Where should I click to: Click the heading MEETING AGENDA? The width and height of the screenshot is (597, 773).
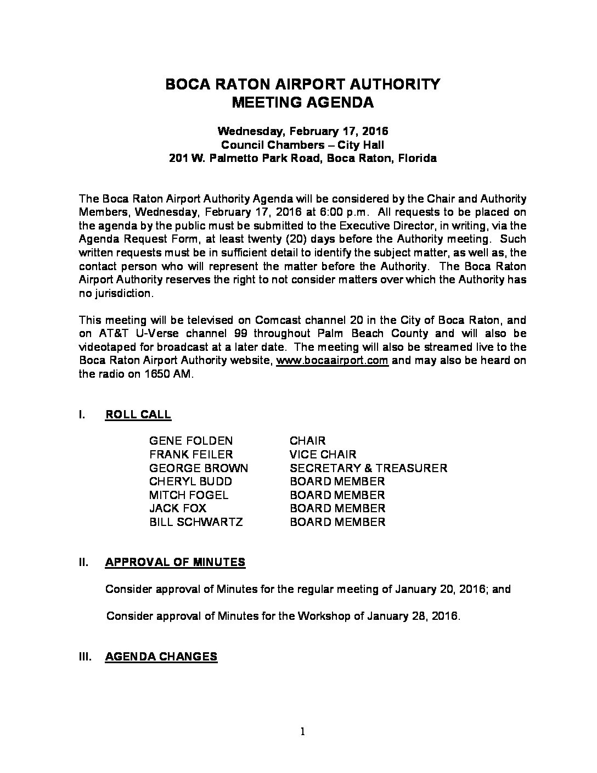(x=302, y=103)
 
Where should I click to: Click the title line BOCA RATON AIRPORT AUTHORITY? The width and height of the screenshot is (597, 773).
(x=302, y=84)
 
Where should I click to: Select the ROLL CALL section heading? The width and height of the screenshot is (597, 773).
(x=138, y=414)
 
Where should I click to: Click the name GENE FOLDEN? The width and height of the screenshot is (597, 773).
(x=191, y=441)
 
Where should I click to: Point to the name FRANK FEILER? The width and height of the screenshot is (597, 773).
(x=191, y=455)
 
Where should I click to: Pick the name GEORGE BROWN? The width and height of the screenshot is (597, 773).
(x=199, y=468)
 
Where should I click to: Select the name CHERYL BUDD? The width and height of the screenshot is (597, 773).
(x=190, y=481)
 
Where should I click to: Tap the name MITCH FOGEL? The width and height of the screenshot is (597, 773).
(x=189, y=495)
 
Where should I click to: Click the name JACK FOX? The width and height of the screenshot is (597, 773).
(x=178, y=508)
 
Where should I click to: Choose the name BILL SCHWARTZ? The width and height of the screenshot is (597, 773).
(x=196, y=522)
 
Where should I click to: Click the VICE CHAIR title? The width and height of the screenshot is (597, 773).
(x=323, y=455)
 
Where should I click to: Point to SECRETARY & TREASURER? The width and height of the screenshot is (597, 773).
(x=368, y=468)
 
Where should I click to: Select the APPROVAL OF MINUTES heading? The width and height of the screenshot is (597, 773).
(x=175, y=562)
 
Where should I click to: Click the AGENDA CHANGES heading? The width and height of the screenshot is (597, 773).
(x=161, y=657)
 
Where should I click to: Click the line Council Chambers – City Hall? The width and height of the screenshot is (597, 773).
(x=302, y=145)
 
